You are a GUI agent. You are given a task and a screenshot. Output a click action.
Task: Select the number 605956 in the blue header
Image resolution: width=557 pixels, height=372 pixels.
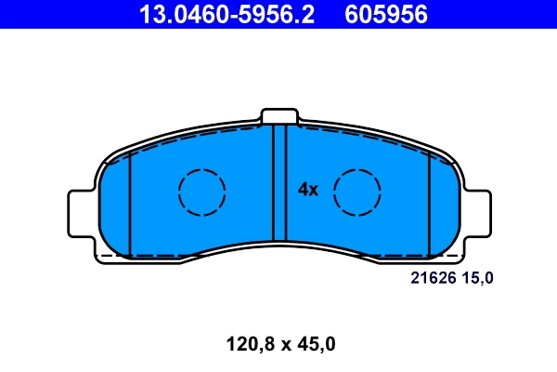pos(386,14)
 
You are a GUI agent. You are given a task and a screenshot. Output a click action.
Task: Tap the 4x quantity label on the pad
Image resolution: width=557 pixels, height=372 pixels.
pos(308,190)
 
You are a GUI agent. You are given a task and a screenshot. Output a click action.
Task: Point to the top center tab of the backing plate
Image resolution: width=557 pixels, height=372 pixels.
pos(279,116)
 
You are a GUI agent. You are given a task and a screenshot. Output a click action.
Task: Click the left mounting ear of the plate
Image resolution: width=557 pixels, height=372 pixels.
pos(81,211)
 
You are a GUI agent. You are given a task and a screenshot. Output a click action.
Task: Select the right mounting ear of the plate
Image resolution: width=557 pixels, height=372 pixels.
pos(478,211)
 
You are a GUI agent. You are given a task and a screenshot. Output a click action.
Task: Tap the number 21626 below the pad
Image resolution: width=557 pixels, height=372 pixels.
pos(431,277)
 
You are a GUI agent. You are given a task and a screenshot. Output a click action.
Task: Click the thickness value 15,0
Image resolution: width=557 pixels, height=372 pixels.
pos(478,277)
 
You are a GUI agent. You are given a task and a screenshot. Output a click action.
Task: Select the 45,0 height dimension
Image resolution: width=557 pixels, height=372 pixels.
pos(316,344)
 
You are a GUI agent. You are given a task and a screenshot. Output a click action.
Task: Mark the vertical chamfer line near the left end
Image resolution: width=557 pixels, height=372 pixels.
pos(131,205)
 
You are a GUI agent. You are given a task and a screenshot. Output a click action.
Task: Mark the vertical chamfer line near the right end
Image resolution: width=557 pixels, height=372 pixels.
pos(429,205)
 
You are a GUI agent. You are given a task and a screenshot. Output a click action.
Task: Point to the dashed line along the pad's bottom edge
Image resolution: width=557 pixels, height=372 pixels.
pos(278,255)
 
